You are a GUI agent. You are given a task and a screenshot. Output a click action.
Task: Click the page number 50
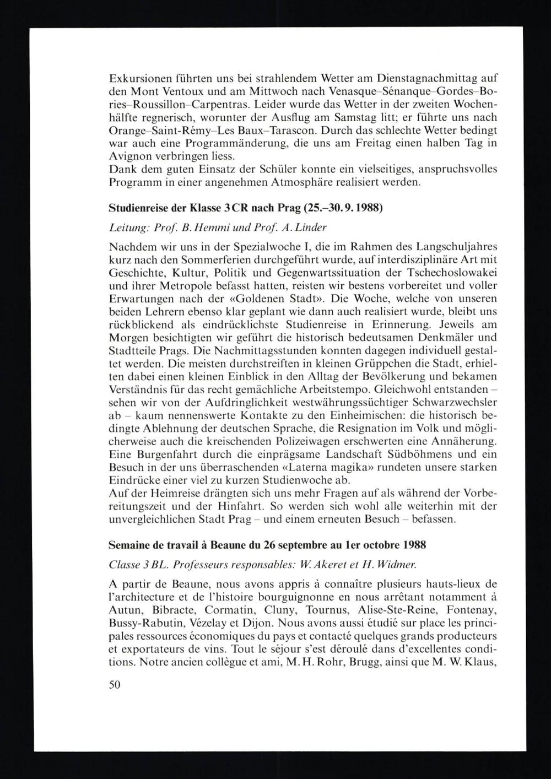click(115, 685)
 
